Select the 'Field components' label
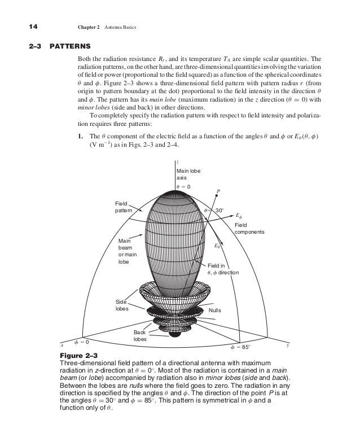click(x=249, y=228)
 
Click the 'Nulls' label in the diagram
click(x=215, y=311)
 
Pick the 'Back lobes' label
click(x=139, y=336)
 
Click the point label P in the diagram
click(x=218, y=191)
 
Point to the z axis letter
click(x=178, y=161)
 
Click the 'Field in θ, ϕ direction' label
click(x=223, y=269)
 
